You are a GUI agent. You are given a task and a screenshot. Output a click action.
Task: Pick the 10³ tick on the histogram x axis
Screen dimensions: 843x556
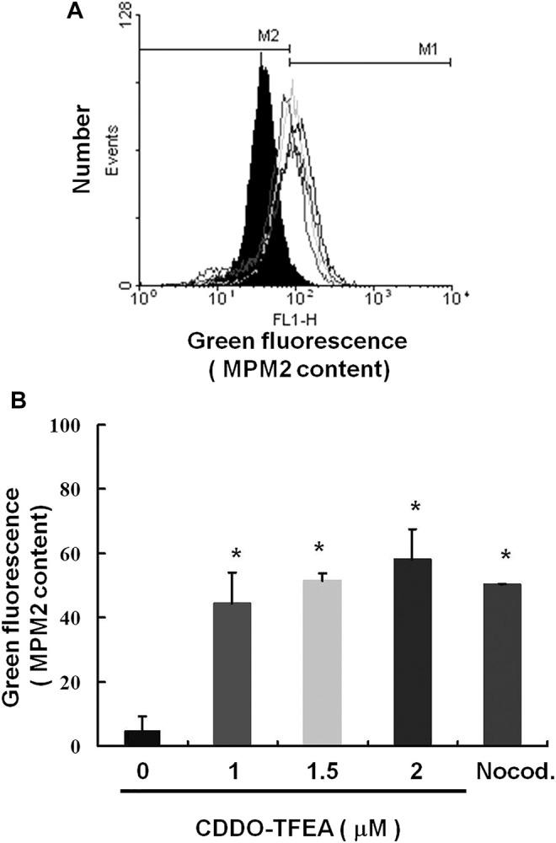(375, 298)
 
